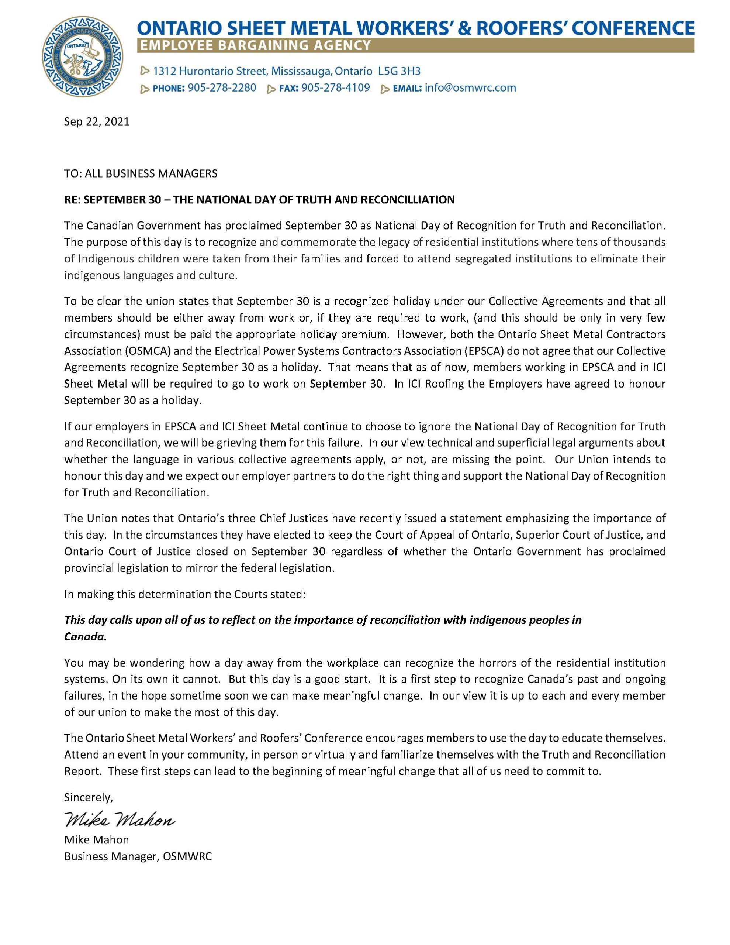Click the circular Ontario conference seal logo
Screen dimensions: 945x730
[82, 57]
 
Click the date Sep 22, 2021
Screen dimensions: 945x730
[96, 121]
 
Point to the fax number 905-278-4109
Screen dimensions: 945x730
[336, 88]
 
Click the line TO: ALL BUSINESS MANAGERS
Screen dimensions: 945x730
[141, 173]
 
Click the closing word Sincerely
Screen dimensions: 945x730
[88, 797]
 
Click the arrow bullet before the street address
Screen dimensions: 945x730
[145, 71]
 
